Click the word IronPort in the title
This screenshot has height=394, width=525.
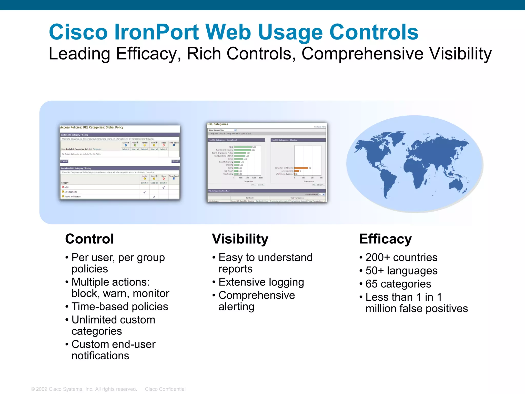point(156,32)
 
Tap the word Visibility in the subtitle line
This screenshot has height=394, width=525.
point(460,54)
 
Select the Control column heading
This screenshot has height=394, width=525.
point(89,239)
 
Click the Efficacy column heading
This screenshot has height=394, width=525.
point(385,239)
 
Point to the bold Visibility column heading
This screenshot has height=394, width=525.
point(240,239)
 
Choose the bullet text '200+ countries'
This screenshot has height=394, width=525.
point(401,257)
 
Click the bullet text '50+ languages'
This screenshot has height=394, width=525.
point(401,271)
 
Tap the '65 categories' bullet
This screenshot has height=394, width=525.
point(398,284)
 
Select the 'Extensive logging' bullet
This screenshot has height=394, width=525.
point(261,282)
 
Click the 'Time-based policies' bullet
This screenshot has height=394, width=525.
point(120,307)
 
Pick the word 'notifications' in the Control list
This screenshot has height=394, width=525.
point(100,356)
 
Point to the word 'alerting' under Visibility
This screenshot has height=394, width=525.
point(236,307)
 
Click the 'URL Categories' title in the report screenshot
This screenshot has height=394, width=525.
point(218,124)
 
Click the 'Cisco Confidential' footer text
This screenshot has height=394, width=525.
point(165,389)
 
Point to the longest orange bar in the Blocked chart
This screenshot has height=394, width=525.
point(301,168)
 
